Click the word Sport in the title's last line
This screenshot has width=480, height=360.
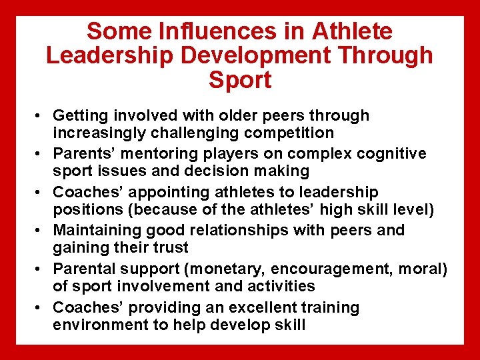click(x=240, y=80)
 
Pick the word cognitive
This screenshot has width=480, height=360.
click(x=393, y=154)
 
